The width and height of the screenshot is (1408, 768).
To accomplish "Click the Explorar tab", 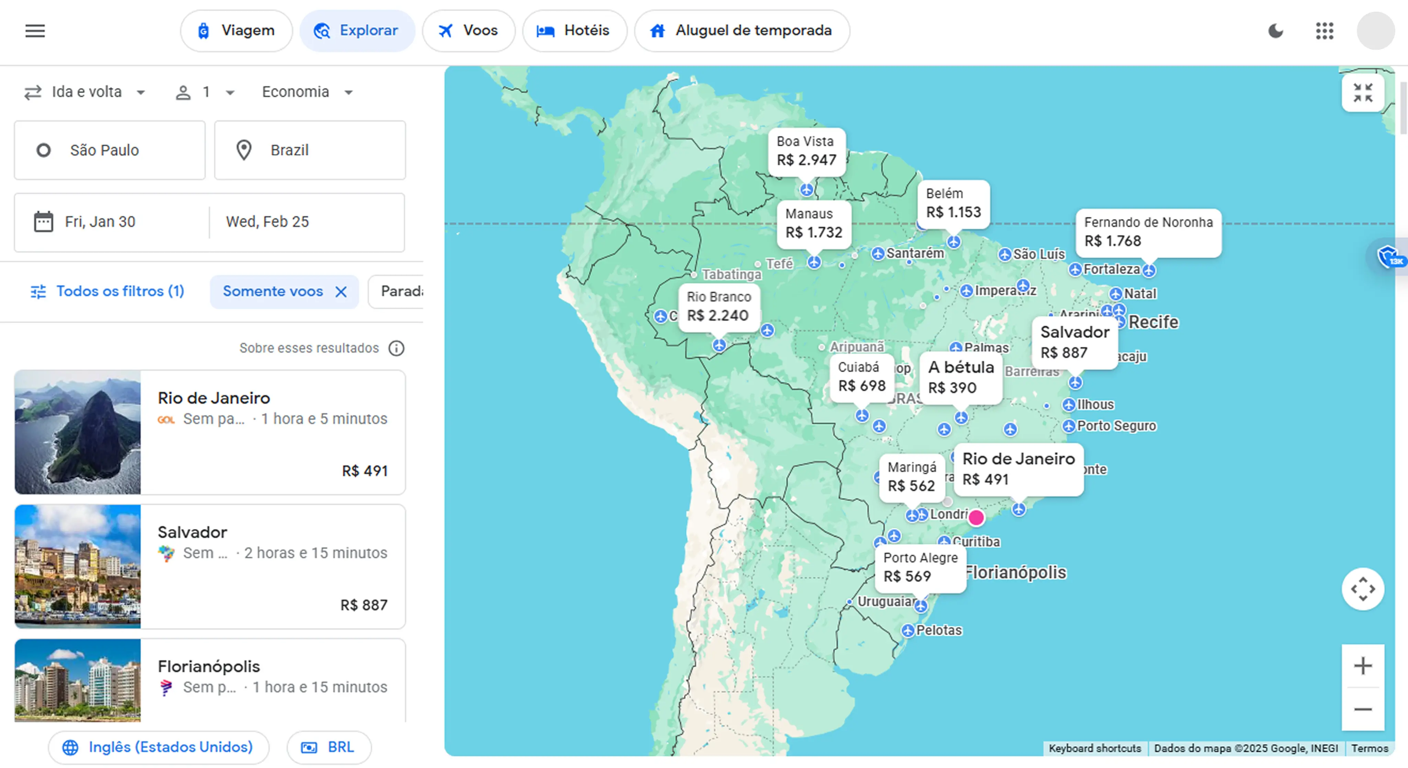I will pos(357,31).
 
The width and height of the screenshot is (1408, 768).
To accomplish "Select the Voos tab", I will pos(469,31).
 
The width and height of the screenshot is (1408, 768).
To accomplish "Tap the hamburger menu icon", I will pos(35,31).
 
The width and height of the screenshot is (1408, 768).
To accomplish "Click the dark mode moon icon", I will pos(1275,31).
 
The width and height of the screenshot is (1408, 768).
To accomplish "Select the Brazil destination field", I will pos(310,150).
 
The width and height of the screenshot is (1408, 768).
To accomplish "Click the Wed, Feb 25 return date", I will pos(267,222).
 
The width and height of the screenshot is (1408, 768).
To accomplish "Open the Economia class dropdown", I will pos(307,92).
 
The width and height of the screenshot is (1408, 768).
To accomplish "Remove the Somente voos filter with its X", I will pos(341,292).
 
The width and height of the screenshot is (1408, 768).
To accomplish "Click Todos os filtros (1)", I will pos(108,291).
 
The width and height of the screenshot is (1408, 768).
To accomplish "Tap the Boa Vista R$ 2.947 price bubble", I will pos(806,152).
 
